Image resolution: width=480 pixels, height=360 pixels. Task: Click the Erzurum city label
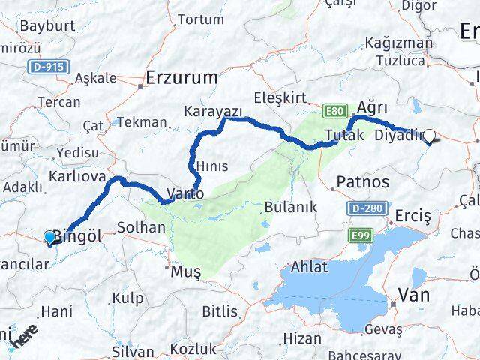coord(182,76)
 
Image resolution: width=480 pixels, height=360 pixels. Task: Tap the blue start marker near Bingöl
coord(50,238)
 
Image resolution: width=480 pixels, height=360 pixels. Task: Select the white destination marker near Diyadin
coord(430,136)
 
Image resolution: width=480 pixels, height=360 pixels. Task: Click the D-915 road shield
coord(50,67)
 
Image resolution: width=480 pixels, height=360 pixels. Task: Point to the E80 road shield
coord(335,112)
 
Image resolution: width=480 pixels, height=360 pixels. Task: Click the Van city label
coord(413,295)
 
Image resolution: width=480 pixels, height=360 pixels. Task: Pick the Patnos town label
coord(364,181)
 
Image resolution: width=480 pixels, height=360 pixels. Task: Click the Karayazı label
coord(213,112)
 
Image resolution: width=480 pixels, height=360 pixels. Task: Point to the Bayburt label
coord(44,25)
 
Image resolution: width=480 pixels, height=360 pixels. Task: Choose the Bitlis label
coord(218,310)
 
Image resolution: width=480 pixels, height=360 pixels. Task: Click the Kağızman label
coord(398,42)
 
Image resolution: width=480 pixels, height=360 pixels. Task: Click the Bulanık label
coord(291,206)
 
